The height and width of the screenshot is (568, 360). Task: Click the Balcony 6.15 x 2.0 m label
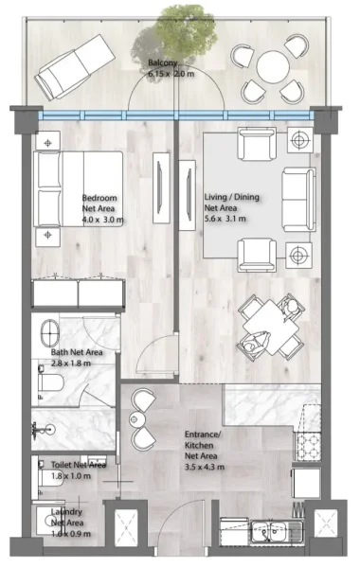(171, 69)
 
